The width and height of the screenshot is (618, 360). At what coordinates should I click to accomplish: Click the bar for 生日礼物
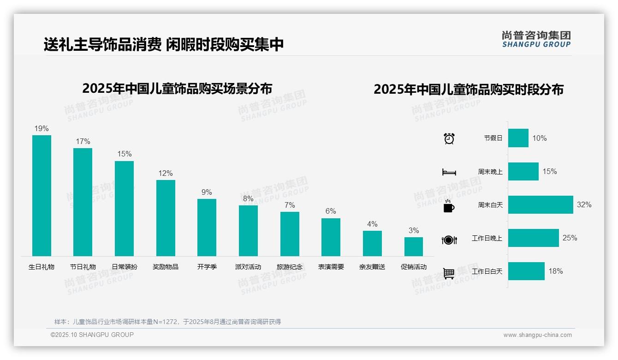coord(42,195)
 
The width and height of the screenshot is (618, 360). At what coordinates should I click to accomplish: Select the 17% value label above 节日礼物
coord(83,142)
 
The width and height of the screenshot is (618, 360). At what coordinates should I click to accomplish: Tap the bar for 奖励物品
coord(166,218)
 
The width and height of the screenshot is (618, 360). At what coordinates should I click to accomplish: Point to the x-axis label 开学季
coord(207,267)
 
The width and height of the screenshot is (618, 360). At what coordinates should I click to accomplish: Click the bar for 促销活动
coord(414,246)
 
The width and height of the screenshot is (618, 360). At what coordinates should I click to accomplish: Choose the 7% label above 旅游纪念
coord(290,205)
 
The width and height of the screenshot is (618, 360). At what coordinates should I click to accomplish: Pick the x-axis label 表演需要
coord(331,267)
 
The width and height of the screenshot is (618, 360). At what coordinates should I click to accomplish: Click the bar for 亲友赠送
coord(372,243)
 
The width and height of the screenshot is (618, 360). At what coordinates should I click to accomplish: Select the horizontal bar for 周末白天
coord(541,204)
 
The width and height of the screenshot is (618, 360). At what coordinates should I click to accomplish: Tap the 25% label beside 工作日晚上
coord(570,238)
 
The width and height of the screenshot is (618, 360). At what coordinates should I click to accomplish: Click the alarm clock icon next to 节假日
coord(449,138)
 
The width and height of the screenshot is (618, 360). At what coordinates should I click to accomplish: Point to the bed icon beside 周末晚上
coord(449,172)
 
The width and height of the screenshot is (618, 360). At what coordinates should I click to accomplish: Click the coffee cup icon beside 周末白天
coord(449,206)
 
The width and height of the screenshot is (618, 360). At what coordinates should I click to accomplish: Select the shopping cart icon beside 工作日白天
coord(449,273)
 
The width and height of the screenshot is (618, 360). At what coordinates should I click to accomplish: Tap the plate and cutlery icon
coord(449,240)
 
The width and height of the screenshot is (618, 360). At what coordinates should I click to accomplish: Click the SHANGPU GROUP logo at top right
coord(536,39)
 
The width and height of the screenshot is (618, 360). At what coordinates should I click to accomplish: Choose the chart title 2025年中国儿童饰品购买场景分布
coord(177,88)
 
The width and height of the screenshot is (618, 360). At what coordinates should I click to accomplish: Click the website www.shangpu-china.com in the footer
coord(537,335)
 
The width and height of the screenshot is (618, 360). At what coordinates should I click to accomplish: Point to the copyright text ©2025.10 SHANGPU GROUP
coord(92,335)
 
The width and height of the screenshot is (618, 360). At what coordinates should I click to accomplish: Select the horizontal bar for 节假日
coord(518,138)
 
